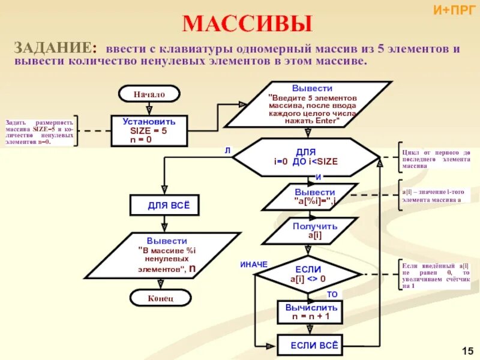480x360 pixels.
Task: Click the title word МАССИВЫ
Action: (247, 24)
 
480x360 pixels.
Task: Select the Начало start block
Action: (149, 94)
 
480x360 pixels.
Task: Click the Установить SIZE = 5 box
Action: (149, 130)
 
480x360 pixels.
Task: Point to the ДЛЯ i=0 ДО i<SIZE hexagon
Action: (306, 157)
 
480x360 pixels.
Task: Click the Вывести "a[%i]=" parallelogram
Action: (310, 197)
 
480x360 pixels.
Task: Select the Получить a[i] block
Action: (310, 230)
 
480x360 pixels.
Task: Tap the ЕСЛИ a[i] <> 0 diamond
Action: (308, 274)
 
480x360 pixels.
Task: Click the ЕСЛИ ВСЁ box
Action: (310, 345)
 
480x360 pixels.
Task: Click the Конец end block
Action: (160, 298)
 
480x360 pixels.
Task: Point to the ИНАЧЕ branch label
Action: (254, 265)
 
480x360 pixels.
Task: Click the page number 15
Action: (468, 350)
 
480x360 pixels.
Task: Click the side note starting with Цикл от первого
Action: (436, 159)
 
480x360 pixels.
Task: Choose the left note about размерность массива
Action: (40, 131)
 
